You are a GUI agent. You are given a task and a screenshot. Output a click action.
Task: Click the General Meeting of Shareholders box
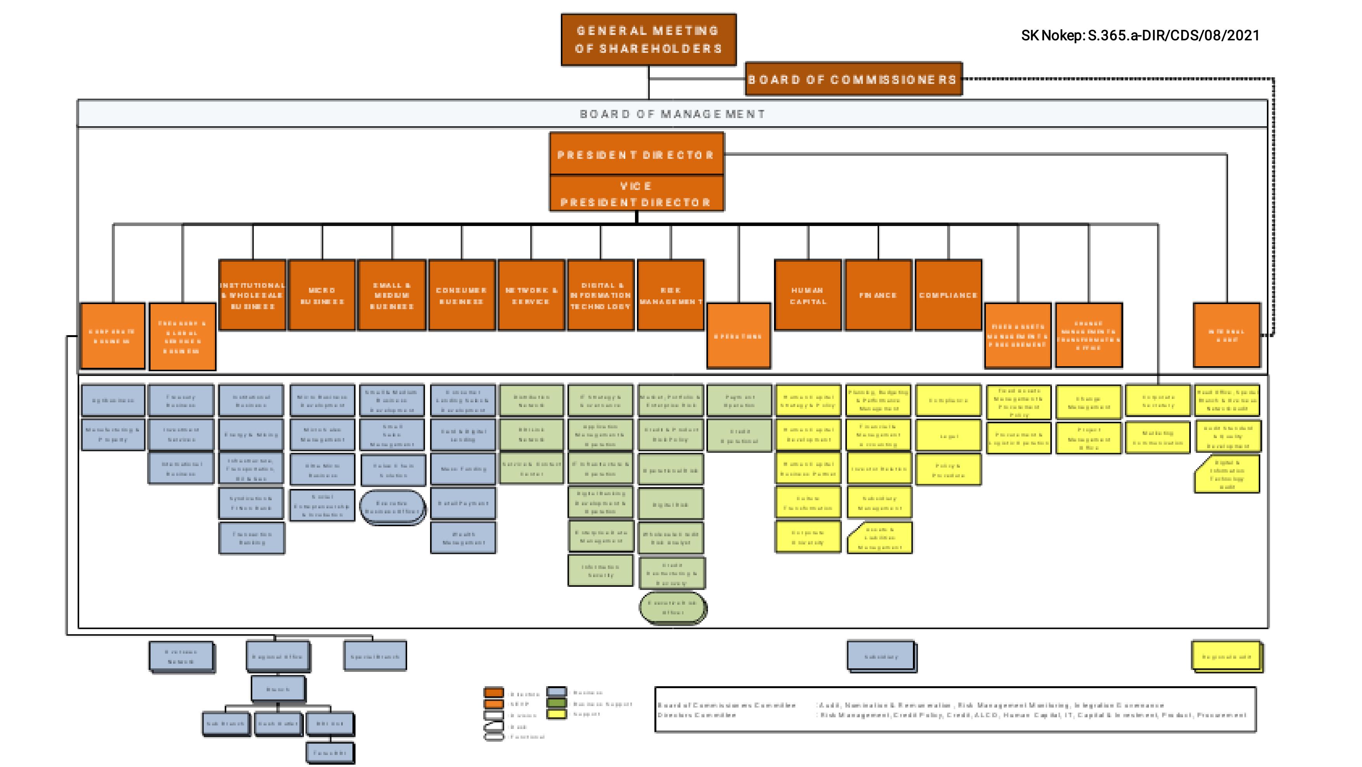648,40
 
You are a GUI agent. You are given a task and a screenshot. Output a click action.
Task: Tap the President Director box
637,155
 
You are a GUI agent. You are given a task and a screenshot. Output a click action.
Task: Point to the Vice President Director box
637,194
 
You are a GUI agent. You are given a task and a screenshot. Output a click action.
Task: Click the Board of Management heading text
672,114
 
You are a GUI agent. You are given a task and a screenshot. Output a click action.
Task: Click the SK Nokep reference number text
1140,35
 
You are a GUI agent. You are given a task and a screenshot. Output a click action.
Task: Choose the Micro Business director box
322,295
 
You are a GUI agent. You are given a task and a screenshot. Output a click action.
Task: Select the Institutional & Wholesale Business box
252,295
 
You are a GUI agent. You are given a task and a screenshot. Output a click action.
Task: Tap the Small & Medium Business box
392,295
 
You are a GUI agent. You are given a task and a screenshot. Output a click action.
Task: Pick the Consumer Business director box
462,295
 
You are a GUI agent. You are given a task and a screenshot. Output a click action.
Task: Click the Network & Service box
531,295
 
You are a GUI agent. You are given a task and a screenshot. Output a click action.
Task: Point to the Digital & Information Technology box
600,295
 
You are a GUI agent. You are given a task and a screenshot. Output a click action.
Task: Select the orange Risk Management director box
670,295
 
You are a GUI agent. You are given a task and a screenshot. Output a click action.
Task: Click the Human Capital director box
808,295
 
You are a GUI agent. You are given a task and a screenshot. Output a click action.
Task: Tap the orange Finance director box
878,295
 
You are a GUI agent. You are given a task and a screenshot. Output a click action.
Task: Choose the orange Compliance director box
948,295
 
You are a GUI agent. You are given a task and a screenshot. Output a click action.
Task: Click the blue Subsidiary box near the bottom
881,656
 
